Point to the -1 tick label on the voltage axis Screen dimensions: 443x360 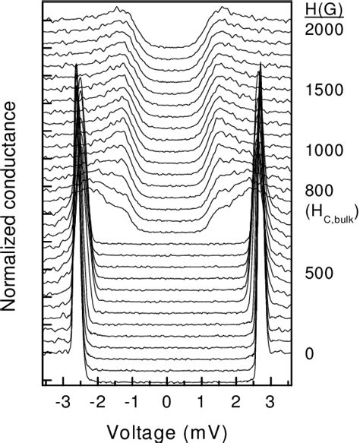[131, 400]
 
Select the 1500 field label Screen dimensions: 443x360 [322, 90]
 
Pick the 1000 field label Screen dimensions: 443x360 [322, 150]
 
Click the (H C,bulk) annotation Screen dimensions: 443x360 [324, 214]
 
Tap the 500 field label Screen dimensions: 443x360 [318, 272]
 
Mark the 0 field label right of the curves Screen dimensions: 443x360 [308, 353]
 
